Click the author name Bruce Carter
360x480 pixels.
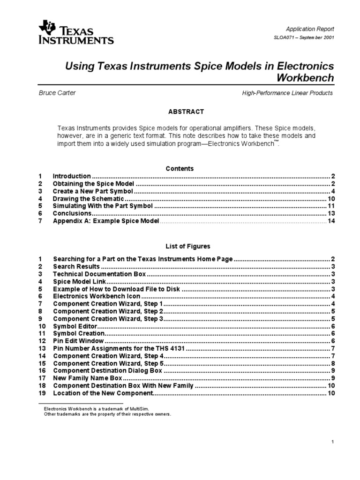coord(57,93)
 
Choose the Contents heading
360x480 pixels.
coord(180,168)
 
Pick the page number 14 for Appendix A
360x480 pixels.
coord(330,221)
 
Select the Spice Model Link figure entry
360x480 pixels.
coord(80,281)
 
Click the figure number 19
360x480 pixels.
coord(42,393)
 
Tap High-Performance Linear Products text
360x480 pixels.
coord(287,93)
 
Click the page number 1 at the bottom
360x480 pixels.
coord(332,442)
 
